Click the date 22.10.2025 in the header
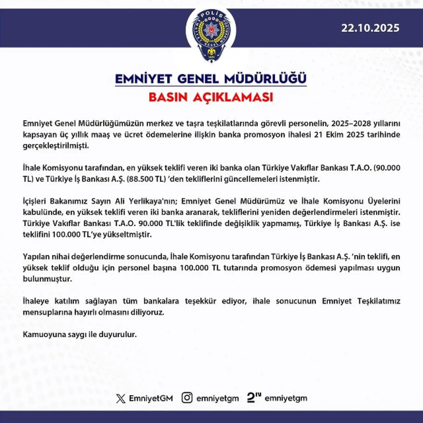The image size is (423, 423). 370,28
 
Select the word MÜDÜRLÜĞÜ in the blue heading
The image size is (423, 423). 265,79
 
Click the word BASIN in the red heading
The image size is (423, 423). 168,97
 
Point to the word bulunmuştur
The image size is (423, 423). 47,279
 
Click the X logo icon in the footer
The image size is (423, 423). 121,399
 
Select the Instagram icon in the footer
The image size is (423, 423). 187,398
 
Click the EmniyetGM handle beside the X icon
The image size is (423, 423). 151,399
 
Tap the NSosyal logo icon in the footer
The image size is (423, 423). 254,398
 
